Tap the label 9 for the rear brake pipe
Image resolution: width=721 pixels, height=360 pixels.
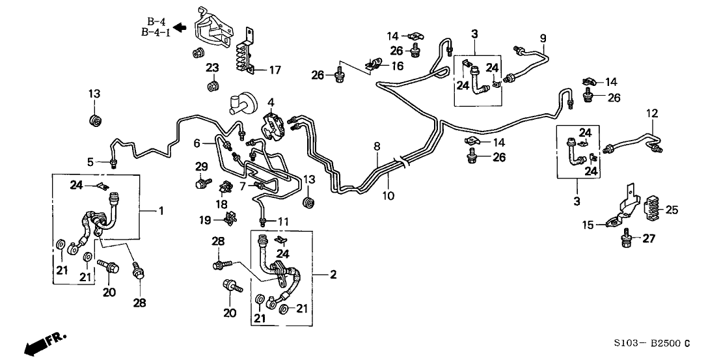click(543, 38)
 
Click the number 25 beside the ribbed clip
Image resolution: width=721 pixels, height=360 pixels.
click(670, 210)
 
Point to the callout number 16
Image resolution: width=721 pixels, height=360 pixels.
click(396, 66)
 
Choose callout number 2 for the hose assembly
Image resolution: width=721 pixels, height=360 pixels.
click(333, 275)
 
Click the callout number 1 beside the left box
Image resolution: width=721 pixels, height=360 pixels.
click(161, 211)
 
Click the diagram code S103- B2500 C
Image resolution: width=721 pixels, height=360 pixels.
click(659, 342)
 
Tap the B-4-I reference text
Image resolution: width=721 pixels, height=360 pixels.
click(156, 33)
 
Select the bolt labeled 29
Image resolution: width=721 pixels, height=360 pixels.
click(200, 184)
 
